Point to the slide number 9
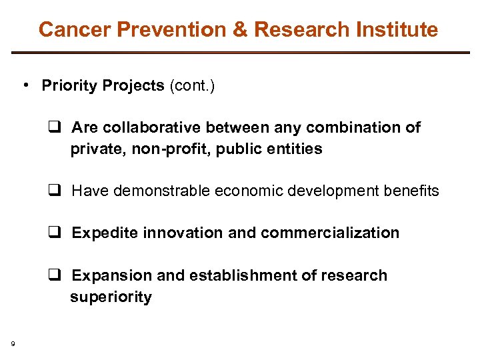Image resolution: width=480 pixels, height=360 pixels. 13,344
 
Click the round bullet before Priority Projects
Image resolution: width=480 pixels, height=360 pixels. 24,85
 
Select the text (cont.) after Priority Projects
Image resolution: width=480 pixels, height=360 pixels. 192,86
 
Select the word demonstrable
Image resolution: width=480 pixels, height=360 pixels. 162,191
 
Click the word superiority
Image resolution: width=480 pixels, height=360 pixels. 111,297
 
